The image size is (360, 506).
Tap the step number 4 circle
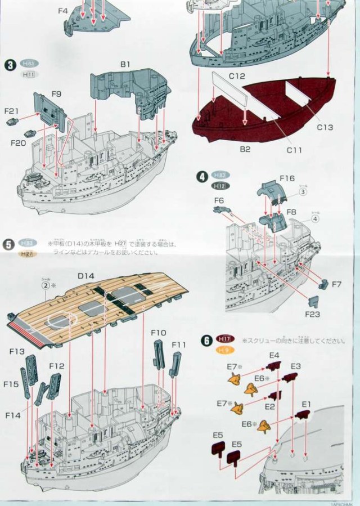tap(201, 176)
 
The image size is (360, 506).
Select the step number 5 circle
tap(8, 244)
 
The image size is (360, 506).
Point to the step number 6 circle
tap(207, 341)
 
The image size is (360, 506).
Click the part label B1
tap(125, 65)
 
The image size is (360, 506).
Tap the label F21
tap(12, 111)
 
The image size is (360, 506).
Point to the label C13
tap(325, 128)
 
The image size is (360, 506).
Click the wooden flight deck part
tap(96, 304)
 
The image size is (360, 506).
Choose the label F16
tap(286, 178)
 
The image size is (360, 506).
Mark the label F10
tap(159, 333)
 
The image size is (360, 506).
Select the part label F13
tap(17, 352)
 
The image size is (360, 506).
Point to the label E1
tap(306, 404)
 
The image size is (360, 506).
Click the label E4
tap(274, 355)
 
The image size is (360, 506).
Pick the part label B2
tap(244, 149)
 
